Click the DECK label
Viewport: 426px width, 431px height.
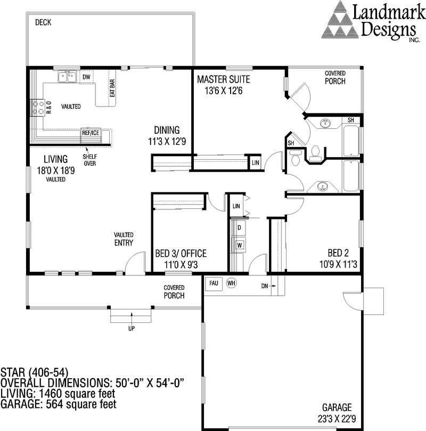pos(43,22)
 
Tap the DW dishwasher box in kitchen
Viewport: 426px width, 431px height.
pos(86,77)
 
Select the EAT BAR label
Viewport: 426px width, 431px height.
pos(112,88)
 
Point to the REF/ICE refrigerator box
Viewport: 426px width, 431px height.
pos(90,133)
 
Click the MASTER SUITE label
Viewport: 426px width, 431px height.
pos(223,80)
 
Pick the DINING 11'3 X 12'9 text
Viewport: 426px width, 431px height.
pos(167,136)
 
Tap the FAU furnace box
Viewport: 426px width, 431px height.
pos(213,283)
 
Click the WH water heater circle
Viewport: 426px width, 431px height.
pos(231,283)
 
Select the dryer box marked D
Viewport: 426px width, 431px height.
pos(240,228)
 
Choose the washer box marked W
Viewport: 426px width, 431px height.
pos(240,245)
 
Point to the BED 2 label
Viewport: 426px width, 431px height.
pos(338,254)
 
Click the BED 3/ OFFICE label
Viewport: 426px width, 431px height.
pos(180,254)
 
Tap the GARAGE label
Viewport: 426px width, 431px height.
pos(337,407)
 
